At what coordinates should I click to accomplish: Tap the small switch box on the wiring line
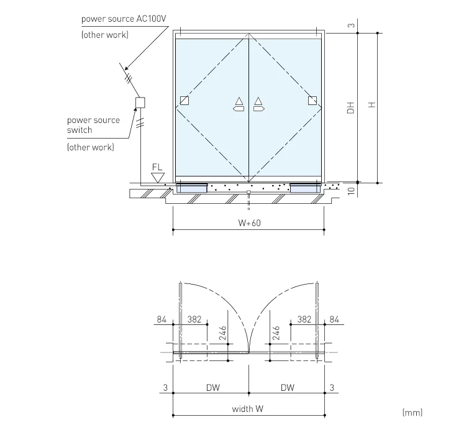point(140,102)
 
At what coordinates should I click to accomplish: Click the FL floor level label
point(157,167)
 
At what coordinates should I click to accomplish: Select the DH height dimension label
point(351,107)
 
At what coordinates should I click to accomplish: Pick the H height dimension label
point(371,106)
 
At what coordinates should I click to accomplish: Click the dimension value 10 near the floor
point(351,191)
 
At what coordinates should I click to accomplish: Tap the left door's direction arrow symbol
point(238,104)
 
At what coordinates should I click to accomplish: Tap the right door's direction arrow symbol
point(258,104)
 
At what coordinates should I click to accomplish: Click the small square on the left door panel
point(184,101)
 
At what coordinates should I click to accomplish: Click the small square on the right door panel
point(312,101)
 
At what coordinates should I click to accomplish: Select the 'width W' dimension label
point(247,409)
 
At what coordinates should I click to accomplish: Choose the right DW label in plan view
point(286,388)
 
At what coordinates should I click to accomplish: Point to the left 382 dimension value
point(195,319)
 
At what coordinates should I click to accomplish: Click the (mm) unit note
point(412,412)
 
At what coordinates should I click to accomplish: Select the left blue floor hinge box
point(192,188)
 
